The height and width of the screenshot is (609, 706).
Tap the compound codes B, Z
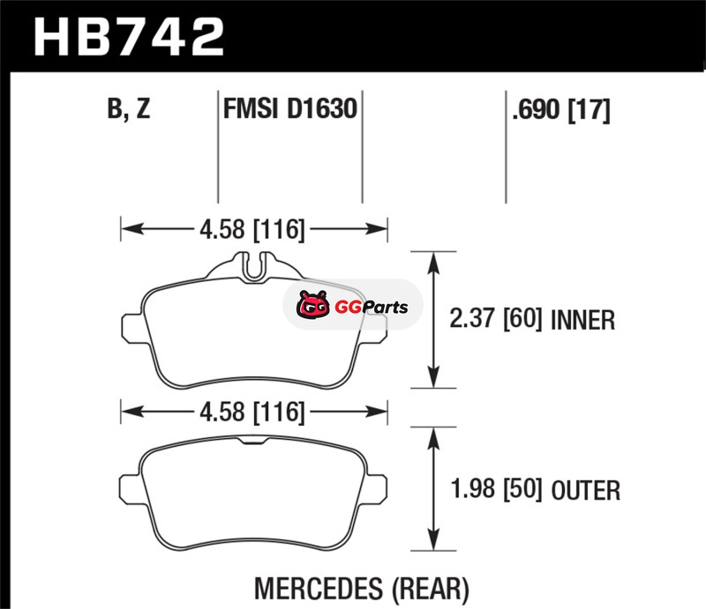(129, 108)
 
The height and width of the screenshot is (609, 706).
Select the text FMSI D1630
(290, 108)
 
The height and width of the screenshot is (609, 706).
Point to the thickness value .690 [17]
(561, 109)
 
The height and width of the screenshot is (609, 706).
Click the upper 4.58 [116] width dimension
(252, 229)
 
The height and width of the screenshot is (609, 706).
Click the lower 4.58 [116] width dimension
(252, 412)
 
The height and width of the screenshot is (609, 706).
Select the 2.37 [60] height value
(496, 319)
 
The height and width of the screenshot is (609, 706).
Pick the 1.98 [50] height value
(497, 489)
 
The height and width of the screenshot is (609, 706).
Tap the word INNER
(582, 320)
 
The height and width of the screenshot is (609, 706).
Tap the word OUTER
(586, 490)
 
